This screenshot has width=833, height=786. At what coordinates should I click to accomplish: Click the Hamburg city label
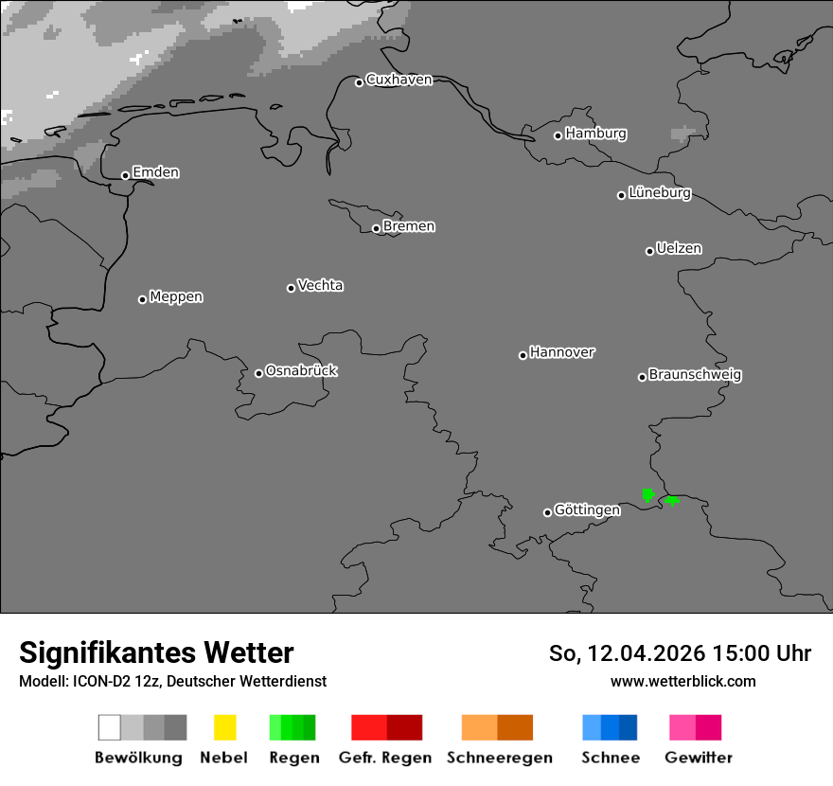click(x=595, y=134)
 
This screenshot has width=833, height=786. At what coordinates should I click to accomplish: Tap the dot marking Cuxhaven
click(x=360, y=82)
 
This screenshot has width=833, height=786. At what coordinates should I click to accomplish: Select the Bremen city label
click(x=409, y=226)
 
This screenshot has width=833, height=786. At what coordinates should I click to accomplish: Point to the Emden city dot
click(x=125, y=175)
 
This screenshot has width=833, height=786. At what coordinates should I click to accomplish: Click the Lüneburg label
click(x=659, y=193)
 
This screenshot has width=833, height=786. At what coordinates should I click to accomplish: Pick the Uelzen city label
click(x=679, y=249)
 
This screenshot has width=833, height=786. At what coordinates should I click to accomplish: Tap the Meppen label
click(x=176, y=297)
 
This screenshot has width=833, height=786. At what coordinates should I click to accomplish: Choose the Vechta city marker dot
click(x=292, y=288)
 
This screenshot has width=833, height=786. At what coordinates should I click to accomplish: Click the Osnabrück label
click(x=301, y=371)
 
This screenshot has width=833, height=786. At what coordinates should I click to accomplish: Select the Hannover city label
click(x=562, y=352)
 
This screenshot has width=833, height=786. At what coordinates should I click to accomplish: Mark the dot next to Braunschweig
click(x=642, y=377)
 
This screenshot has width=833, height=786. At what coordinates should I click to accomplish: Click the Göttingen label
click(x=587, y=510)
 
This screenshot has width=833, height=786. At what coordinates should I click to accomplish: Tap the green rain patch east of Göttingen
click(x=648, y=494)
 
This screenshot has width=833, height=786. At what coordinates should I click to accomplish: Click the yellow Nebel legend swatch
click(x=225, y=727)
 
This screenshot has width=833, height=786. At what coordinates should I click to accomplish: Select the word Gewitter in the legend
click(x=699, y=758)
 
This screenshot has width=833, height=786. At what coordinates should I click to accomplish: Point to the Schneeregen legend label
click(x=500, y=758)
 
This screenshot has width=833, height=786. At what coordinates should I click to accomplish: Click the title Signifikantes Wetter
click(x=156, y=652)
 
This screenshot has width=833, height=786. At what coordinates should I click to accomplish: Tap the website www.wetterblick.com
click(x=682, y=681)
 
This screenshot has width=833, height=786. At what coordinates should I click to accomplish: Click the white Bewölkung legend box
click(x=110, y=727)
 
